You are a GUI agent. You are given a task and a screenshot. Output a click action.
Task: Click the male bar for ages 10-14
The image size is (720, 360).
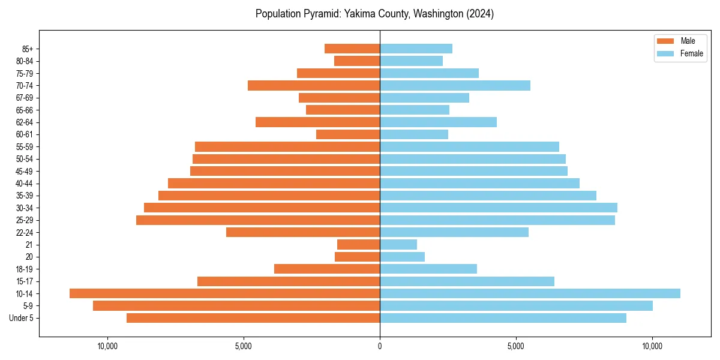pos(224,293)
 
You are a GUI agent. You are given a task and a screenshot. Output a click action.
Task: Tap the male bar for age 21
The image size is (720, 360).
pos(358,244)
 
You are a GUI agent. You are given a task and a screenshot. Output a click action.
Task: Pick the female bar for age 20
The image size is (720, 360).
pos(402,257)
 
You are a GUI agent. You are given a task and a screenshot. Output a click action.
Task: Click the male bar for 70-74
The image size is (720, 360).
pos(314,85)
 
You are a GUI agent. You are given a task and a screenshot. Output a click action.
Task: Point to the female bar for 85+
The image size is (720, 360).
pos(416,49)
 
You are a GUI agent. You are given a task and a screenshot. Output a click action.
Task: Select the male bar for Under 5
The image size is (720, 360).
pos(253,318)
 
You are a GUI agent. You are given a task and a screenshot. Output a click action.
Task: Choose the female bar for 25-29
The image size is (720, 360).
pos(497,220)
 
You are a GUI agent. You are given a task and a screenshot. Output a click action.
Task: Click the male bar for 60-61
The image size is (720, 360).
pos(348,134)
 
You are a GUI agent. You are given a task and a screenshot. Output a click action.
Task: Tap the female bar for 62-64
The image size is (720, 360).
pos(438,122)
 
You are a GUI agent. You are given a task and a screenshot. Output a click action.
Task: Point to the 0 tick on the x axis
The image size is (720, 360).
pos(380,346)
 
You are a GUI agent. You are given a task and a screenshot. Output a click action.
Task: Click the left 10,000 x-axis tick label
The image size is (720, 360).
pos(107,346)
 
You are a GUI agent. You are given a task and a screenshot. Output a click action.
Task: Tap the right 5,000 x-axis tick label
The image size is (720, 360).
pos(516,346)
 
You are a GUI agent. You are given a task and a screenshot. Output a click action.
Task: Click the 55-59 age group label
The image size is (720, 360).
pos(24,146)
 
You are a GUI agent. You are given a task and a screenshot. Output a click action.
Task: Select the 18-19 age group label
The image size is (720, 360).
pos(24,269)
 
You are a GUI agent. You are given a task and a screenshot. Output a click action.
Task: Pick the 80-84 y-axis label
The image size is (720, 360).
pos(24,61)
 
